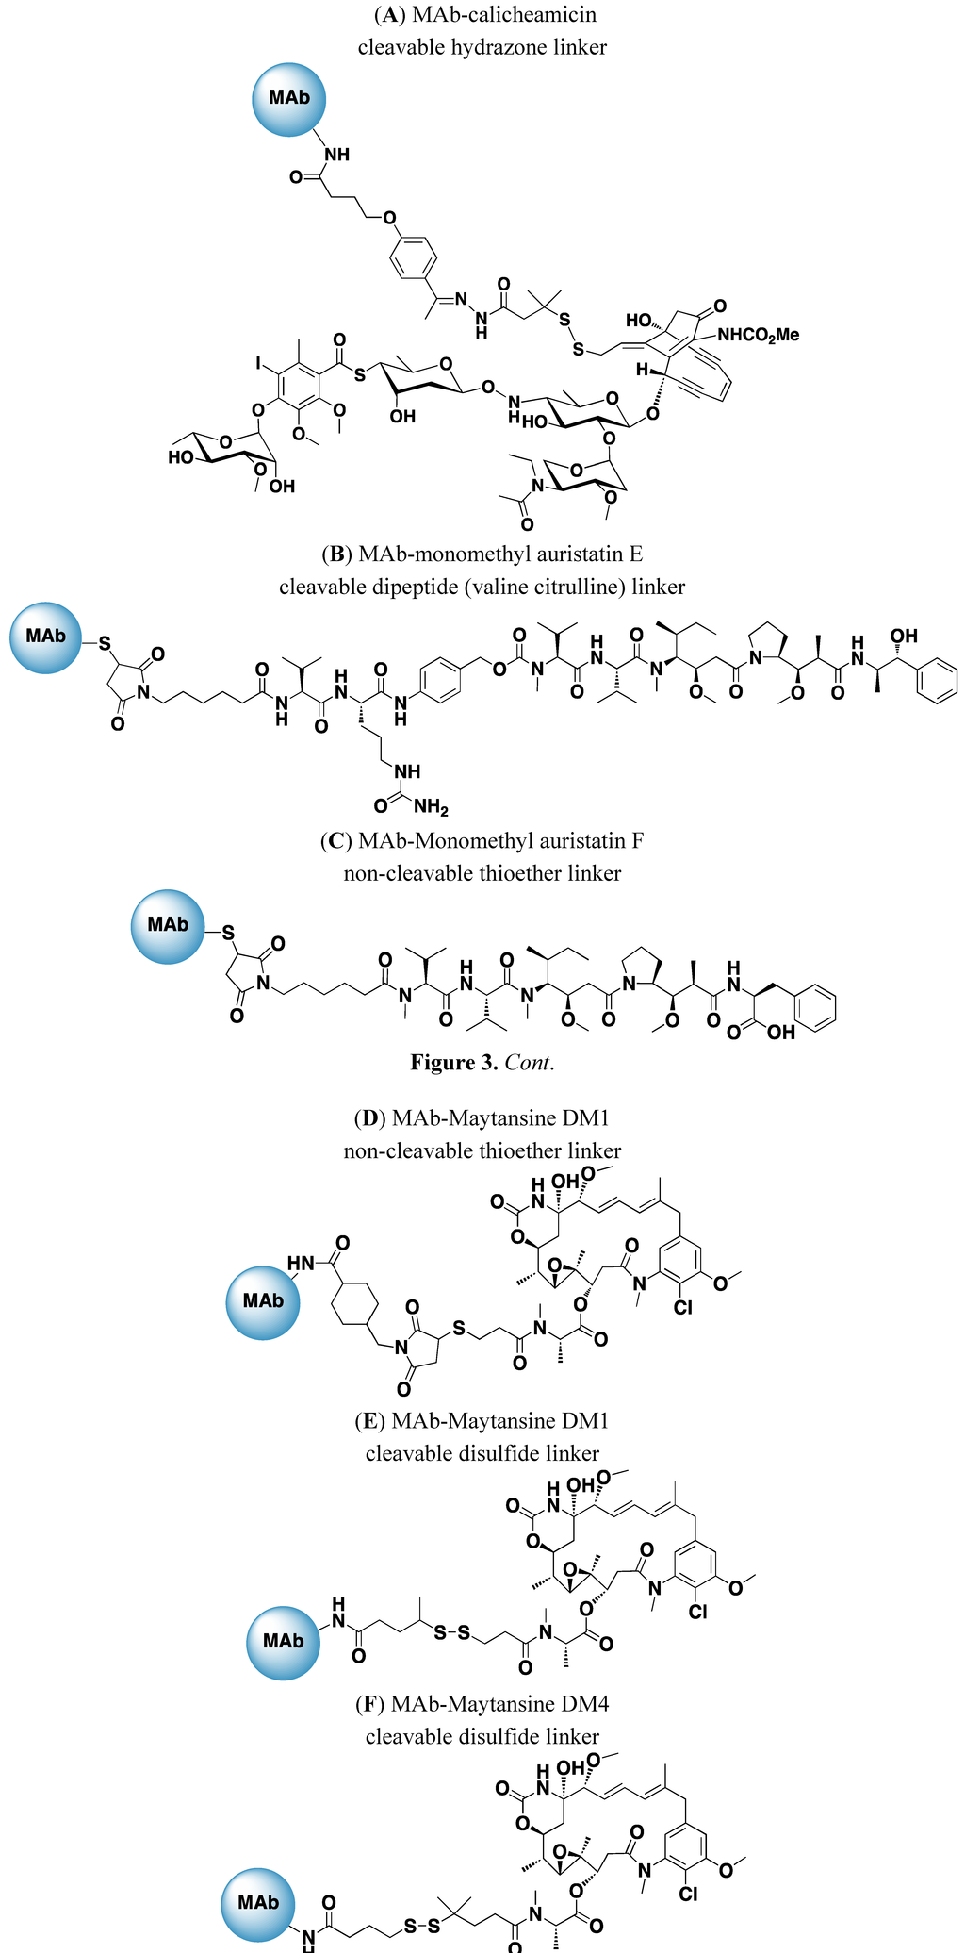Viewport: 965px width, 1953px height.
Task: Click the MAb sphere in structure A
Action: coord(288,98)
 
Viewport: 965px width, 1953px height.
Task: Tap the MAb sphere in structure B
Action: coord(45,637)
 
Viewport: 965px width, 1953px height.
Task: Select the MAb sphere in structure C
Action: coord(167,925)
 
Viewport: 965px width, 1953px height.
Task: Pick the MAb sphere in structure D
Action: coord(263,1301)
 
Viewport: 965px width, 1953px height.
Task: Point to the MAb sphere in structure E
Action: coord(283,1642)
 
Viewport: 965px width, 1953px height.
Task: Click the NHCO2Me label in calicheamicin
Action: coord(758,334)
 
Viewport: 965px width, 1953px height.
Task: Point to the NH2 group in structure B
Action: coord(431,806)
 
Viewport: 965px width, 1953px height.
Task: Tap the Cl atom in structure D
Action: coord(683,1307)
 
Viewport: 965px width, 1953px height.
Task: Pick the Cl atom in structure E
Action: coord(697,1612)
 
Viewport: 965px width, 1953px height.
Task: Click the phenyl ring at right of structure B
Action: coord(937,679)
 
